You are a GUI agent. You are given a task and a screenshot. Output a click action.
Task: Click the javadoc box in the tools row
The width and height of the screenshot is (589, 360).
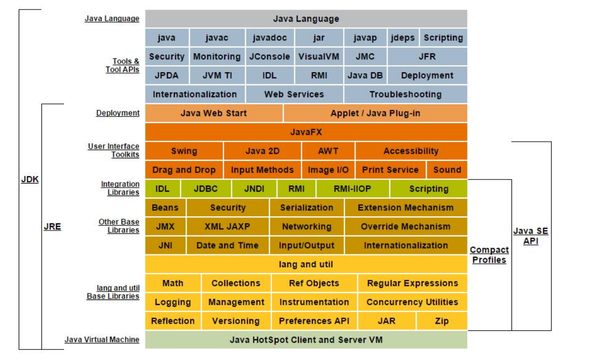(270, 38)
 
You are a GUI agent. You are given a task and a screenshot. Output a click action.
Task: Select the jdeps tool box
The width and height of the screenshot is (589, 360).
(403, 38)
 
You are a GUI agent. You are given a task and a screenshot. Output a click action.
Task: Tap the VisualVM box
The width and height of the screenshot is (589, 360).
(318, 56)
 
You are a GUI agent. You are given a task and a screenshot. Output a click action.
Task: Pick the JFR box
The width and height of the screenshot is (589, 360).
(427, 56)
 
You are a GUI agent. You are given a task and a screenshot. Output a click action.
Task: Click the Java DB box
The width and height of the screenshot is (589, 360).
(365, 76)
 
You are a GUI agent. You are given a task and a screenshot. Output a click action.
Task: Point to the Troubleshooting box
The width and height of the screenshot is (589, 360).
(405, 94)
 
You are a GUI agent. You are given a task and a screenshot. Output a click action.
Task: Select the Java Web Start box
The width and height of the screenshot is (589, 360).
(214, 113)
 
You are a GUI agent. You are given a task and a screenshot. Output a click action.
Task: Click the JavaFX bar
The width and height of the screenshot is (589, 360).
(306, 132)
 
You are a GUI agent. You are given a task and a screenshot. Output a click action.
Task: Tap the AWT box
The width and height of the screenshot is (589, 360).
(328, 151)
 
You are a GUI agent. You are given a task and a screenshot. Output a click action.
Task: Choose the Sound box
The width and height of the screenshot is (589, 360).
(447, 170)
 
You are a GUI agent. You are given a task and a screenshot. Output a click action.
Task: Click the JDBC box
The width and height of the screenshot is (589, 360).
(206, 189)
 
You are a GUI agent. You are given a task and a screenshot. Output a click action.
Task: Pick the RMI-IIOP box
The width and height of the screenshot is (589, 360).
(352, 189)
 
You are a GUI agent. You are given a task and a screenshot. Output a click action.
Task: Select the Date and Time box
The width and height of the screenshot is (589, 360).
(227, 246)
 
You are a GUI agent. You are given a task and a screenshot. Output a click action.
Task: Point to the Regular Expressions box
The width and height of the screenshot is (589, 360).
(412, 283)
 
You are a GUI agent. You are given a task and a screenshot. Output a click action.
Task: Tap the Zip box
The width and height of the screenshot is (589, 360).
(441, 321)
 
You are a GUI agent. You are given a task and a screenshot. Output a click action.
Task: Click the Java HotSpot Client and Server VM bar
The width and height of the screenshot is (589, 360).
(306, 340)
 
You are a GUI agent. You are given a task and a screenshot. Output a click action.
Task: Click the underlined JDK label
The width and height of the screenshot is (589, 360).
(30, 179)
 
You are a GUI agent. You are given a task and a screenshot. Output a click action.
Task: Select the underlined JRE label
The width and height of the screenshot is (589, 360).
(52, 227)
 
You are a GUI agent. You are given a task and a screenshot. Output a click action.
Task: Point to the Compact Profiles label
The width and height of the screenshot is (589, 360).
(489, 255)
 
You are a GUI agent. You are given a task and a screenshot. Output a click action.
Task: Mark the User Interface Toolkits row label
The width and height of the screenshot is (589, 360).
(113, 150)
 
